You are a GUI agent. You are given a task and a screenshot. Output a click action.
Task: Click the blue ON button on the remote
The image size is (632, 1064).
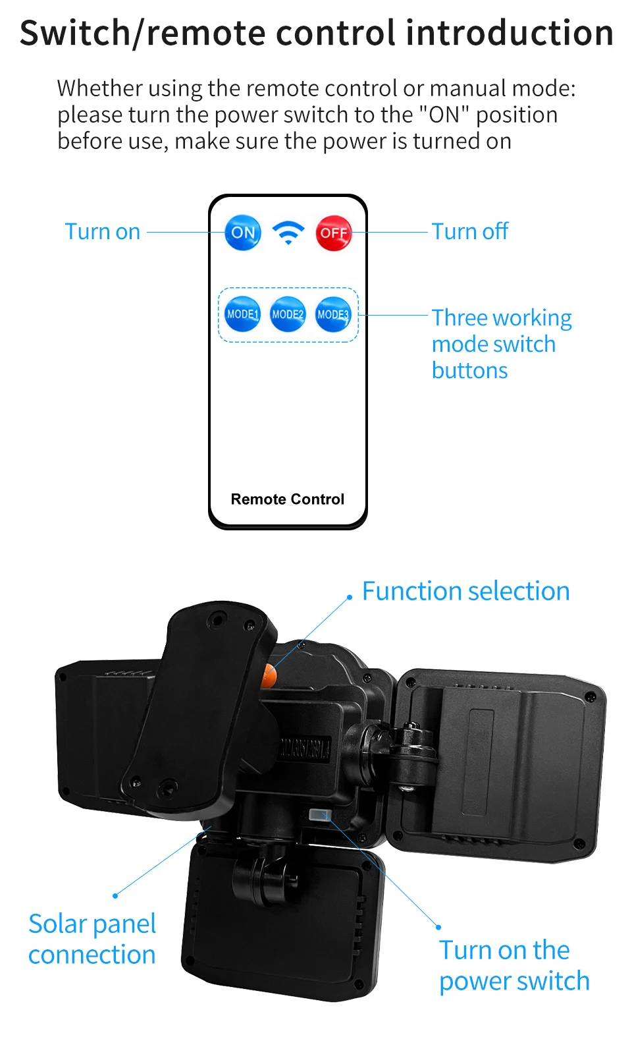(243, 233)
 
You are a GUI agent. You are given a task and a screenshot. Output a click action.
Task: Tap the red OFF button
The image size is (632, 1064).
(334, 233)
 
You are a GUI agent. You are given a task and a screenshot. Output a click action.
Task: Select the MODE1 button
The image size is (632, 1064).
(242, 314)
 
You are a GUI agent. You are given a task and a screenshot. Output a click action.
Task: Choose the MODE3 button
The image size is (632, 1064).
(333, 314)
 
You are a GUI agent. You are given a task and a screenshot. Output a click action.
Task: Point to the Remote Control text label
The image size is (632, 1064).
(288, 499)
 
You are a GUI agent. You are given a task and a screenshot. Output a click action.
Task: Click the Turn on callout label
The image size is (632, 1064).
(103, 232)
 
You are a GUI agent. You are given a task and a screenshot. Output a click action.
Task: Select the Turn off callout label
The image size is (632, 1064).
(470, 232)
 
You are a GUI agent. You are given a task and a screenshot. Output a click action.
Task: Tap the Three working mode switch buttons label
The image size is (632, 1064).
(501, 344)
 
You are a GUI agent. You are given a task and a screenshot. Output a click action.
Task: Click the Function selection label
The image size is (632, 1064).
(465, 592)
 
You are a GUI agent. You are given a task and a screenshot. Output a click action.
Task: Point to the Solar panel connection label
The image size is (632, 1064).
(92, 939)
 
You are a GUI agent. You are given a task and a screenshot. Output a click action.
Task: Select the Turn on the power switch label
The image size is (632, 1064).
(514, 966)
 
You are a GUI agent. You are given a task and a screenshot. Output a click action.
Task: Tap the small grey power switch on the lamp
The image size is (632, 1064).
(319, 816)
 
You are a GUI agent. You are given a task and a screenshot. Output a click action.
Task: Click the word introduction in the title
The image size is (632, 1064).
(510, 33)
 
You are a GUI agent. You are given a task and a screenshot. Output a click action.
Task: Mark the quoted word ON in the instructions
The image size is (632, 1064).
(444, 115)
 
